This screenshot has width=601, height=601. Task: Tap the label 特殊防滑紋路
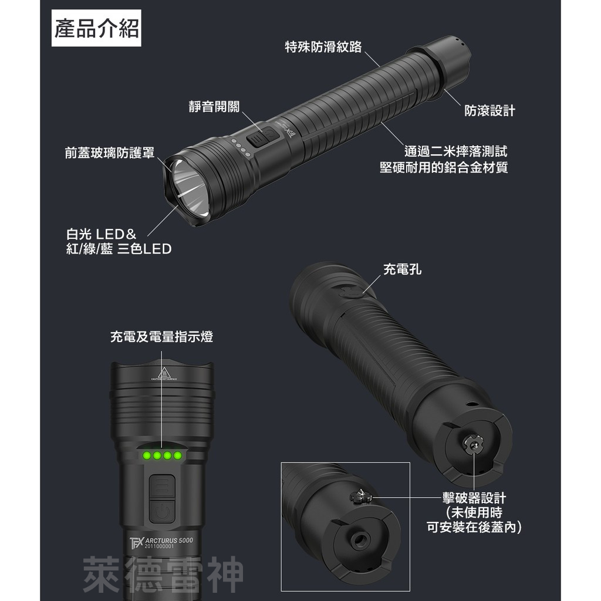323,47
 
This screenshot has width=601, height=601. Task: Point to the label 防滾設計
489,110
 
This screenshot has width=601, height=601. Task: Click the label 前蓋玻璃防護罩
110,153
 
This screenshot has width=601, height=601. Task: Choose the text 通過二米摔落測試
455,151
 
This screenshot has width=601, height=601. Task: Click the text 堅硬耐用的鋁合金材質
444,168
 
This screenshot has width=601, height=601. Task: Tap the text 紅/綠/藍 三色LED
119,249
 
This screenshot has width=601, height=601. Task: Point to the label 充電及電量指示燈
161,337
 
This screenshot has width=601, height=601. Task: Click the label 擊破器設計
474,498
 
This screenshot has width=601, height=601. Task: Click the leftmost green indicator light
145,455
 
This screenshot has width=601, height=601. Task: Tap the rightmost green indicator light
178,455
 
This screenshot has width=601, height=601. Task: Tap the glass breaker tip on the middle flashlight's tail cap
473,445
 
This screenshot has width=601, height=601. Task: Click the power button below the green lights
161,511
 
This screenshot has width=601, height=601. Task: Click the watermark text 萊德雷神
163,575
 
